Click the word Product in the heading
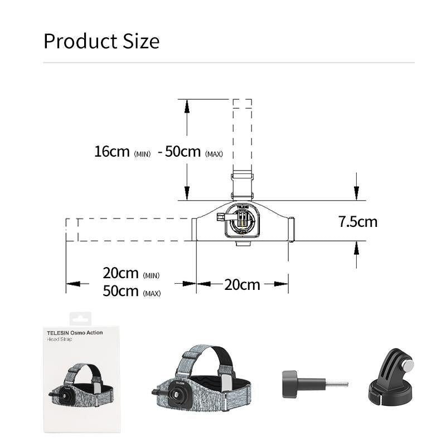click(x=81, y=41)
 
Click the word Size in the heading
click(x=141, y=41)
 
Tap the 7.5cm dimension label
click(x=358, y=221)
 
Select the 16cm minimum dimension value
click(x=112, y=151)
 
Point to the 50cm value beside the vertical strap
click(x=183, y=151)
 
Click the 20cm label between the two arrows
click(x=242, y=285)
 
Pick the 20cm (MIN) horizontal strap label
click(x=131, y=273)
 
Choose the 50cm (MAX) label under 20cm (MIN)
click(x=132, y=291)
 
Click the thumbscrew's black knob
click(x=290, y=384)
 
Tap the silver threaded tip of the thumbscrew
click(x=337, y=384)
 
